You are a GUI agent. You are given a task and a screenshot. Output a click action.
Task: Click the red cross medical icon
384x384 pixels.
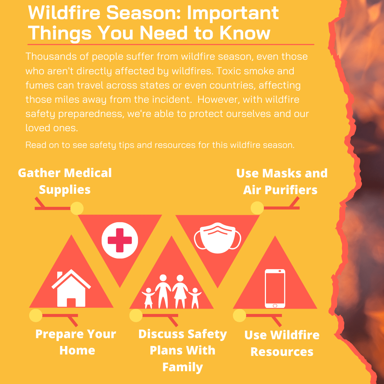pyautogui.click(x=120, y=240)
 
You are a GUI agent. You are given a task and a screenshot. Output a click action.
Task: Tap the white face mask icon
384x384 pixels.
pyautogui.click(x=218, y=238)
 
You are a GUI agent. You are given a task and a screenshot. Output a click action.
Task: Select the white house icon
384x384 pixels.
pyautogui.click(x=71, y=288)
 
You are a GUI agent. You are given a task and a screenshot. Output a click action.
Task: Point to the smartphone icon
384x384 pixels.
pyautogui.click(x=275, y=288)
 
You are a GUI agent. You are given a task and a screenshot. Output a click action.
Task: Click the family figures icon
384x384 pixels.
pyautogui.click(x=171, y=292)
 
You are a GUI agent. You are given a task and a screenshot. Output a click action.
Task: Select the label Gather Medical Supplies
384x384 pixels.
pyautogui.click(x=65, y=181)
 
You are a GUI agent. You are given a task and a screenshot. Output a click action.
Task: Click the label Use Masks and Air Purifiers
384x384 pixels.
pyautogui.click(x=282, y=181)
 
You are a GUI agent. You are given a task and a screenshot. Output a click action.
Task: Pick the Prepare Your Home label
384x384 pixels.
pyautogui.click(x=76, y=342)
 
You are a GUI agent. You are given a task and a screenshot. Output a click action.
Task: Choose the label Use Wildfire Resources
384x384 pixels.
pyautogui.click(x=282, y=343)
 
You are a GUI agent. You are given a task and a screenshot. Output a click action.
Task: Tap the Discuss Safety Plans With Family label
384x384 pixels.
pyautogui.click(x=183, y=351)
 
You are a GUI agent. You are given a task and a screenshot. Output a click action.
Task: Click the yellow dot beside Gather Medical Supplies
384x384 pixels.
pyautogui.click(x=77, y=208)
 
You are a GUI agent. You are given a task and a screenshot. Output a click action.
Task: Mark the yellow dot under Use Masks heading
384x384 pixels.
pyautogui.click(x=257, y=208)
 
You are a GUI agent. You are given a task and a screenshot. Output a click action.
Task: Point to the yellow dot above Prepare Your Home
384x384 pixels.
pyautogui.click(x=36, y=315)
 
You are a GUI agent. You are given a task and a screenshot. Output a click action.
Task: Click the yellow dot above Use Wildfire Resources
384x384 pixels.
pyautogui.click(x=239, y=315)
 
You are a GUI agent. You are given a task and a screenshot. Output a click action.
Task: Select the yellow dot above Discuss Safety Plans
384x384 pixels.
pyautogui.click(x=136, y=315)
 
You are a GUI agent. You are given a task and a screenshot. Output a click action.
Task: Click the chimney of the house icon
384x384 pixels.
pyautogui.click(x=59, y=275)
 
